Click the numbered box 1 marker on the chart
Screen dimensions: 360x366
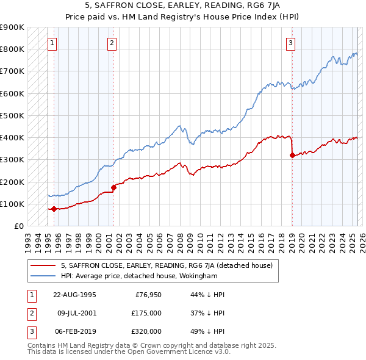tap(52, 43)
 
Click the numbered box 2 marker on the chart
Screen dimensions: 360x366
tap(112, 43)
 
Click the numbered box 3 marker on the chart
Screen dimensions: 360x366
tap(291, 43)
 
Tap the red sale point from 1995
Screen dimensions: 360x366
tap(54, 209)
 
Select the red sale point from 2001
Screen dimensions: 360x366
tap(113, 187)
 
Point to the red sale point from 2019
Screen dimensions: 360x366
tap(292, 155)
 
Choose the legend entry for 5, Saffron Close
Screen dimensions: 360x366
tap(170, 265)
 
